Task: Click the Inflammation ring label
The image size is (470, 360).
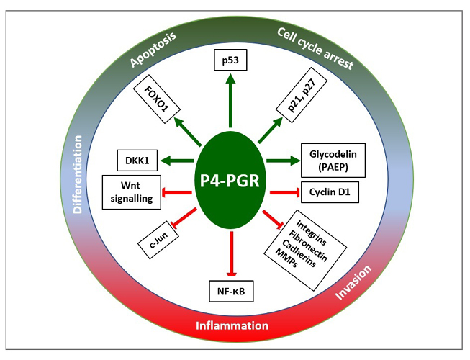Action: (x=232, y=325)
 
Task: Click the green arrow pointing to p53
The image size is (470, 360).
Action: (x=230, y=100)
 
